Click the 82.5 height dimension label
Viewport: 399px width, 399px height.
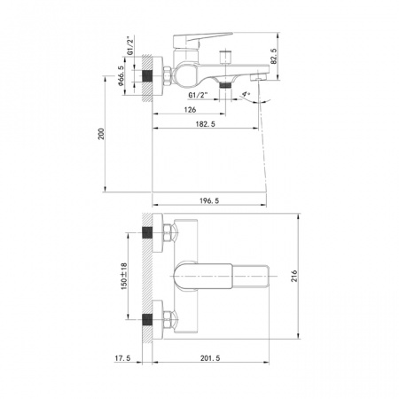[x=273, y=57]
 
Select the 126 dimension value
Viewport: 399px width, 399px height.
[x=190, y=110]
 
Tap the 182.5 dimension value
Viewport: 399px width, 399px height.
[x=206, y=124]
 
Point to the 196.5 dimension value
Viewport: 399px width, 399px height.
[x=209, y=201]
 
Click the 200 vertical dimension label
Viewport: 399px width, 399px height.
[x=101, y=134]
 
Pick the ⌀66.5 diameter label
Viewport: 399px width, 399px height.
[x=121, y=75]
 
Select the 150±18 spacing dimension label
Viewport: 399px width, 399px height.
[x=124, y=276]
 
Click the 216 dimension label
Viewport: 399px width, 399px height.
[x=294, y=276]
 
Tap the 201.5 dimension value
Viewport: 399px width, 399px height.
[x=210, y=358]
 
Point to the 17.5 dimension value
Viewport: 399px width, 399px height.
[x=122, y=358]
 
